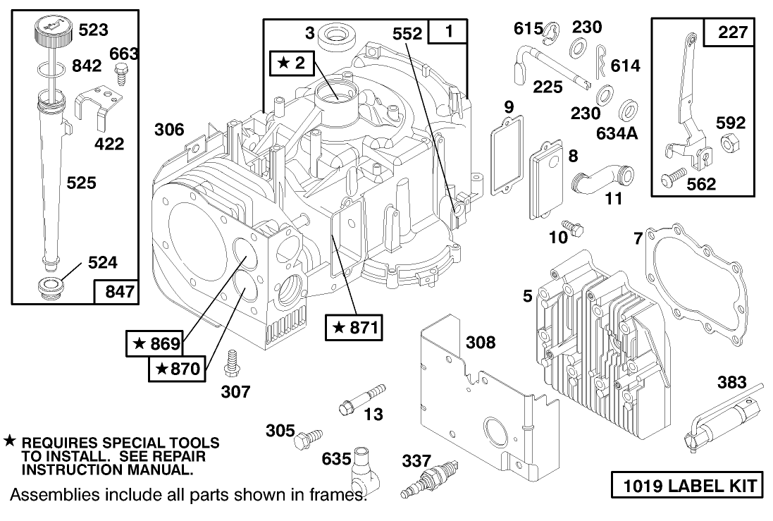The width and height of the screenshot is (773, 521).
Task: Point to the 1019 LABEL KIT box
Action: [686, 486]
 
